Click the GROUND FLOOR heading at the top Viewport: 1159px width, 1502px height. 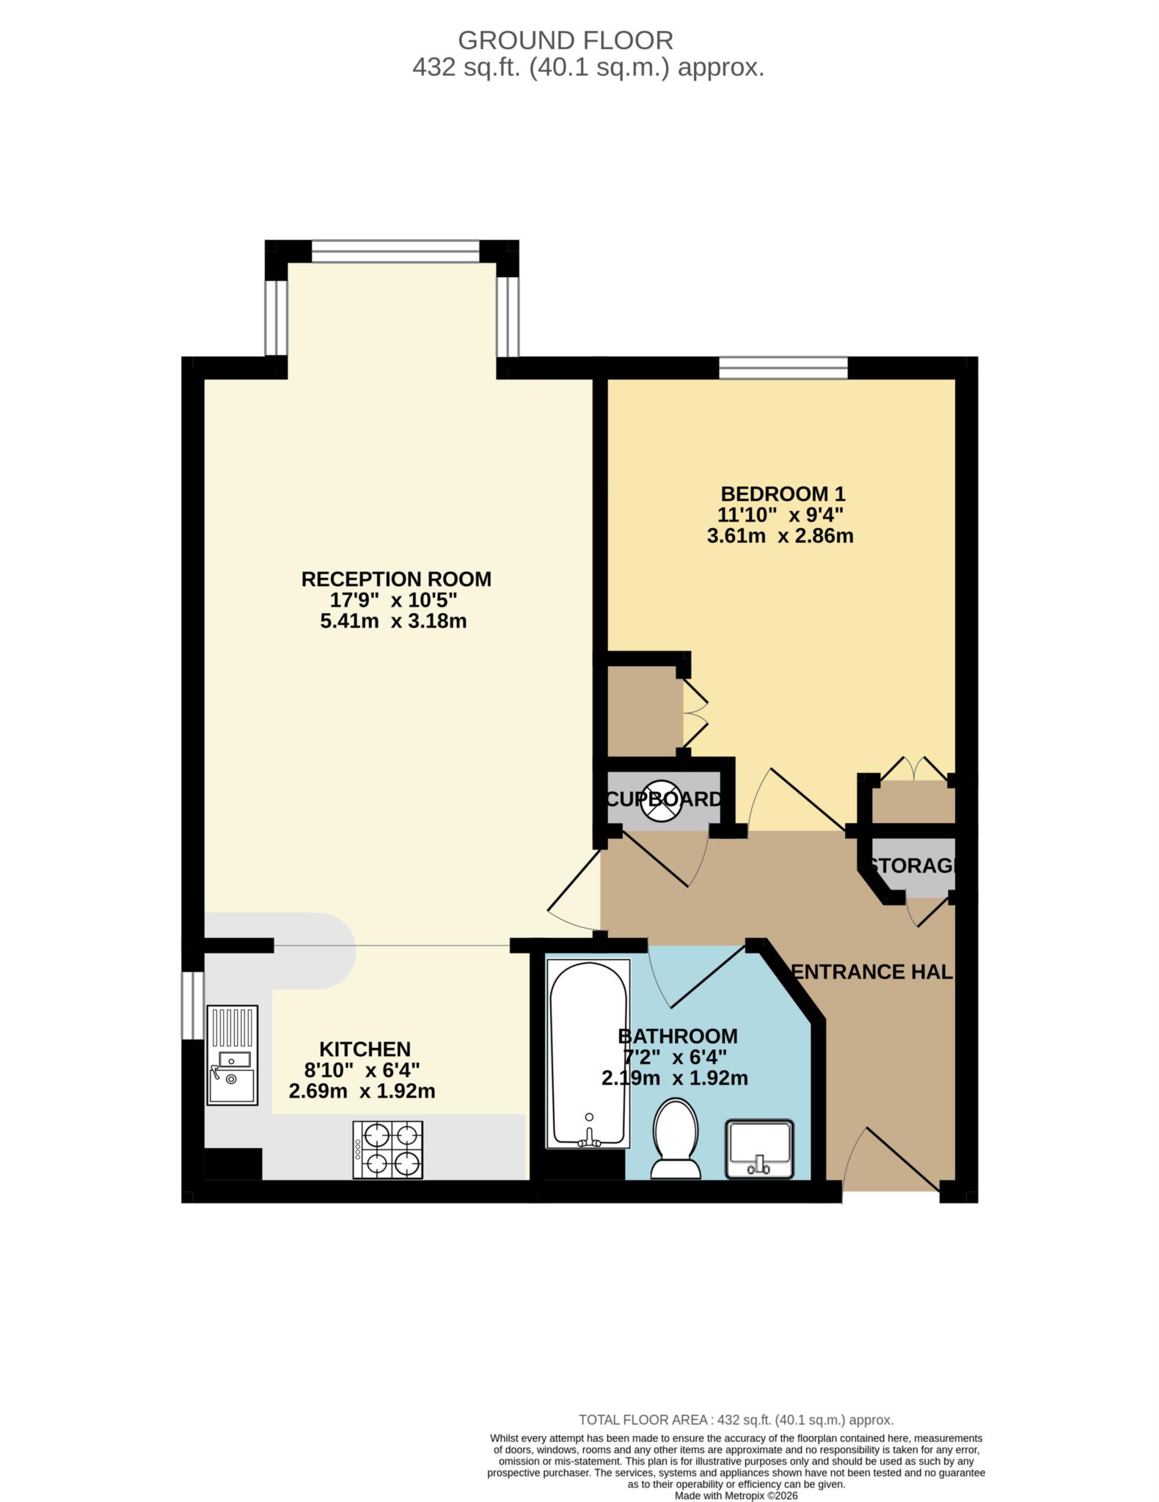point(565,40)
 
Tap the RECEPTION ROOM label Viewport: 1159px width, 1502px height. point(396,579)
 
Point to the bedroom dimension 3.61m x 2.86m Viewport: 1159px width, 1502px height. point(780,535)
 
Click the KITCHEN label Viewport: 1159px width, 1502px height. point(365,1049)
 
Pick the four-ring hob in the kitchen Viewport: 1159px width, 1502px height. point(388,1149)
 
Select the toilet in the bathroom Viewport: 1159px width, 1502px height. point(676,1138)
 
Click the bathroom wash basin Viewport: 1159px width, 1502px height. point(759,1149)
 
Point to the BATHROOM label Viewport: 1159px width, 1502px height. point(677,1036)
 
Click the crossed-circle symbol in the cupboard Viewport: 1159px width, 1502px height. point(661,800)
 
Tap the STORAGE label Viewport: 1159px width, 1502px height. point(913,865)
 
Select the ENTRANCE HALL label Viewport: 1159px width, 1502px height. point(873,972)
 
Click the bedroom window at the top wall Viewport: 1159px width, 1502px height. point(783,367)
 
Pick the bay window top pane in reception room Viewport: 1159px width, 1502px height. point(395,251)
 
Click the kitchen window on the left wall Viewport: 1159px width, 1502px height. point(192,1005)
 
